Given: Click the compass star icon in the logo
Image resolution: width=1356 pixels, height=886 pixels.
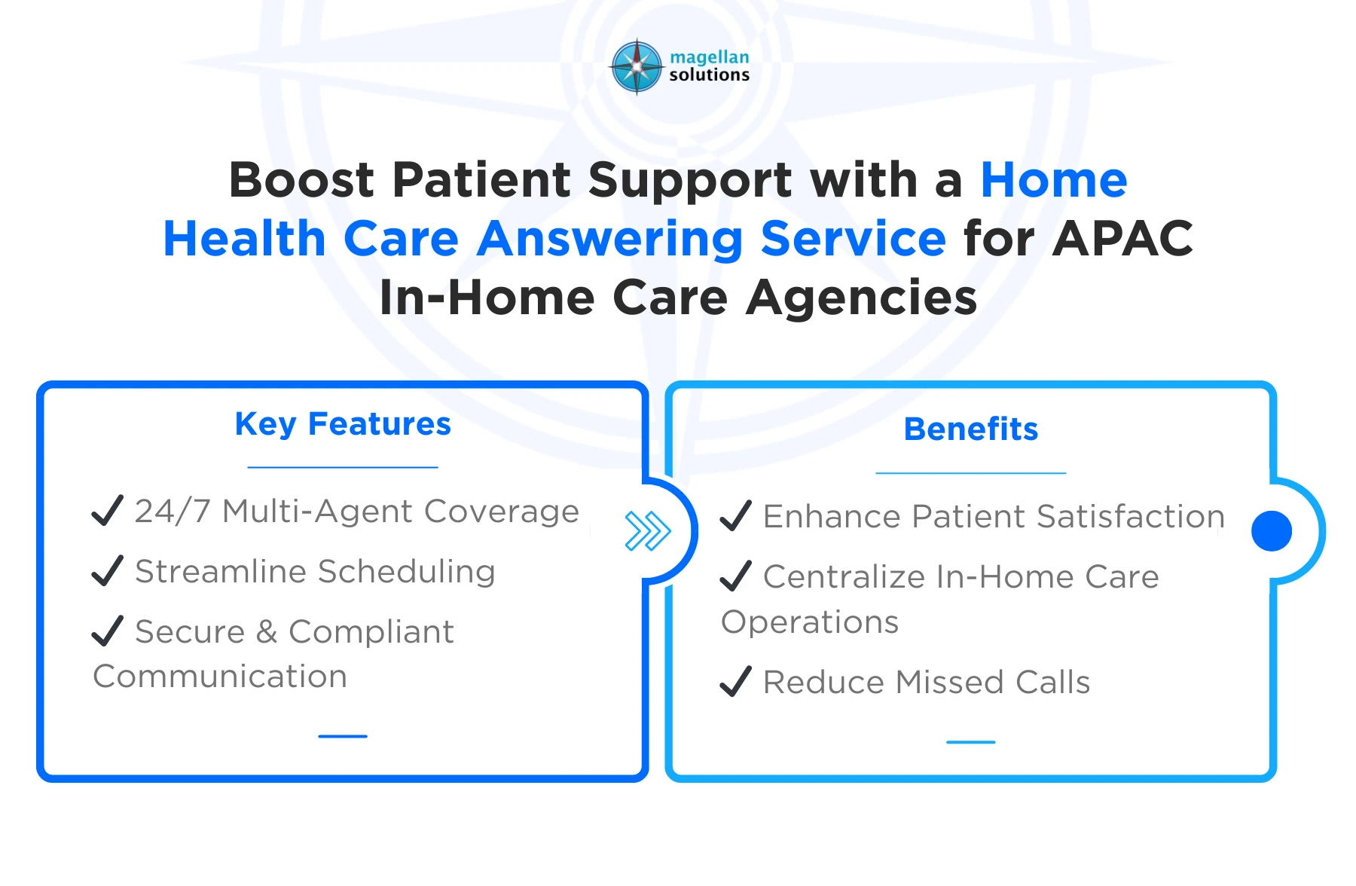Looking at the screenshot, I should point(637,67).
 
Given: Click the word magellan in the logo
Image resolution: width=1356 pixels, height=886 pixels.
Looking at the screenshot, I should point(709,57).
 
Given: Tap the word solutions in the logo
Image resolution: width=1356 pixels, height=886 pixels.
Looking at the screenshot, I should point(709,75).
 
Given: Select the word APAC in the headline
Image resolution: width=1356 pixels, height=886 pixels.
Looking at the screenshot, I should point(1122,239).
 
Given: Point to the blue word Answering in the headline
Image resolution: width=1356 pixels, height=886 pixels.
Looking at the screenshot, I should point(609,239).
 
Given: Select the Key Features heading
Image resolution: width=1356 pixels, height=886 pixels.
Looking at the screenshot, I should point(343,424).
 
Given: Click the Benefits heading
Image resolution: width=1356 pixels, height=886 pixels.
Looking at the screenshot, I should point(970,429).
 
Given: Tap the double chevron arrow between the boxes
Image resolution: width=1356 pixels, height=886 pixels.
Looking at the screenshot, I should point(647,531).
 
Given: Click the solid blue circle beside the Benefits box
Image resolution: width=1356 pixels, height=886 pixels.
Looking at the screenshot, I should point(1271,531).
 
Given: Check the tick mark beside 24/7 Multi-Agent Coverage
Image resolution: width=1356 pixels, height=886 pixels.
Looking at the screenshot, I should point(107,511).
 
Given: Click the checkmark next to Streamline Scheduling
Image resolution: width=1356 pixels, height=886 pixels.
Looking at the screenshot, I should point(107,571).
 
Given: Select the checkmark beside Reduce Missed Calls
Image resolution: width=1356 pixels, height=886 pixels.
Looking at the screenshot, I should point(735,682).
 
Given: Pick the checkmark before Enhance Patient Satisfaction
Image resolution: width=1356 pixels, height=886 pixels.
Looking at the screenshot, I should point(735,516).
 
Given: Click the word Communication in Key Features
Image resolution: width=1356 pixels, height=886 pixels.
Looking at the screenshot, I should point(220,677).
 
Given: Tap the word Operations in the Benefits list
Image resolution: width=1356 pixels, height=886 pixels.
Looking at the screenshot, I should point(810,622).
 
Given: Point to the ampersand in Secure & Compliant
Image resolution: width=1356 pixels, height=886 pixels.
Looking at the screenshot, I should point(267,632).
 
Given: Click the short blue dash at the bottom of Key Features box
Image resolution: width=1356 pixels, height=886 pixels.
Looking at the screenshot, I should point(343,736).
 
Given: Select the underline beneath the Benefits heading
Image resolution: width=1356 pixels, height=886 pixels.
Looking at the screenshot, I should point(970,473).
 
